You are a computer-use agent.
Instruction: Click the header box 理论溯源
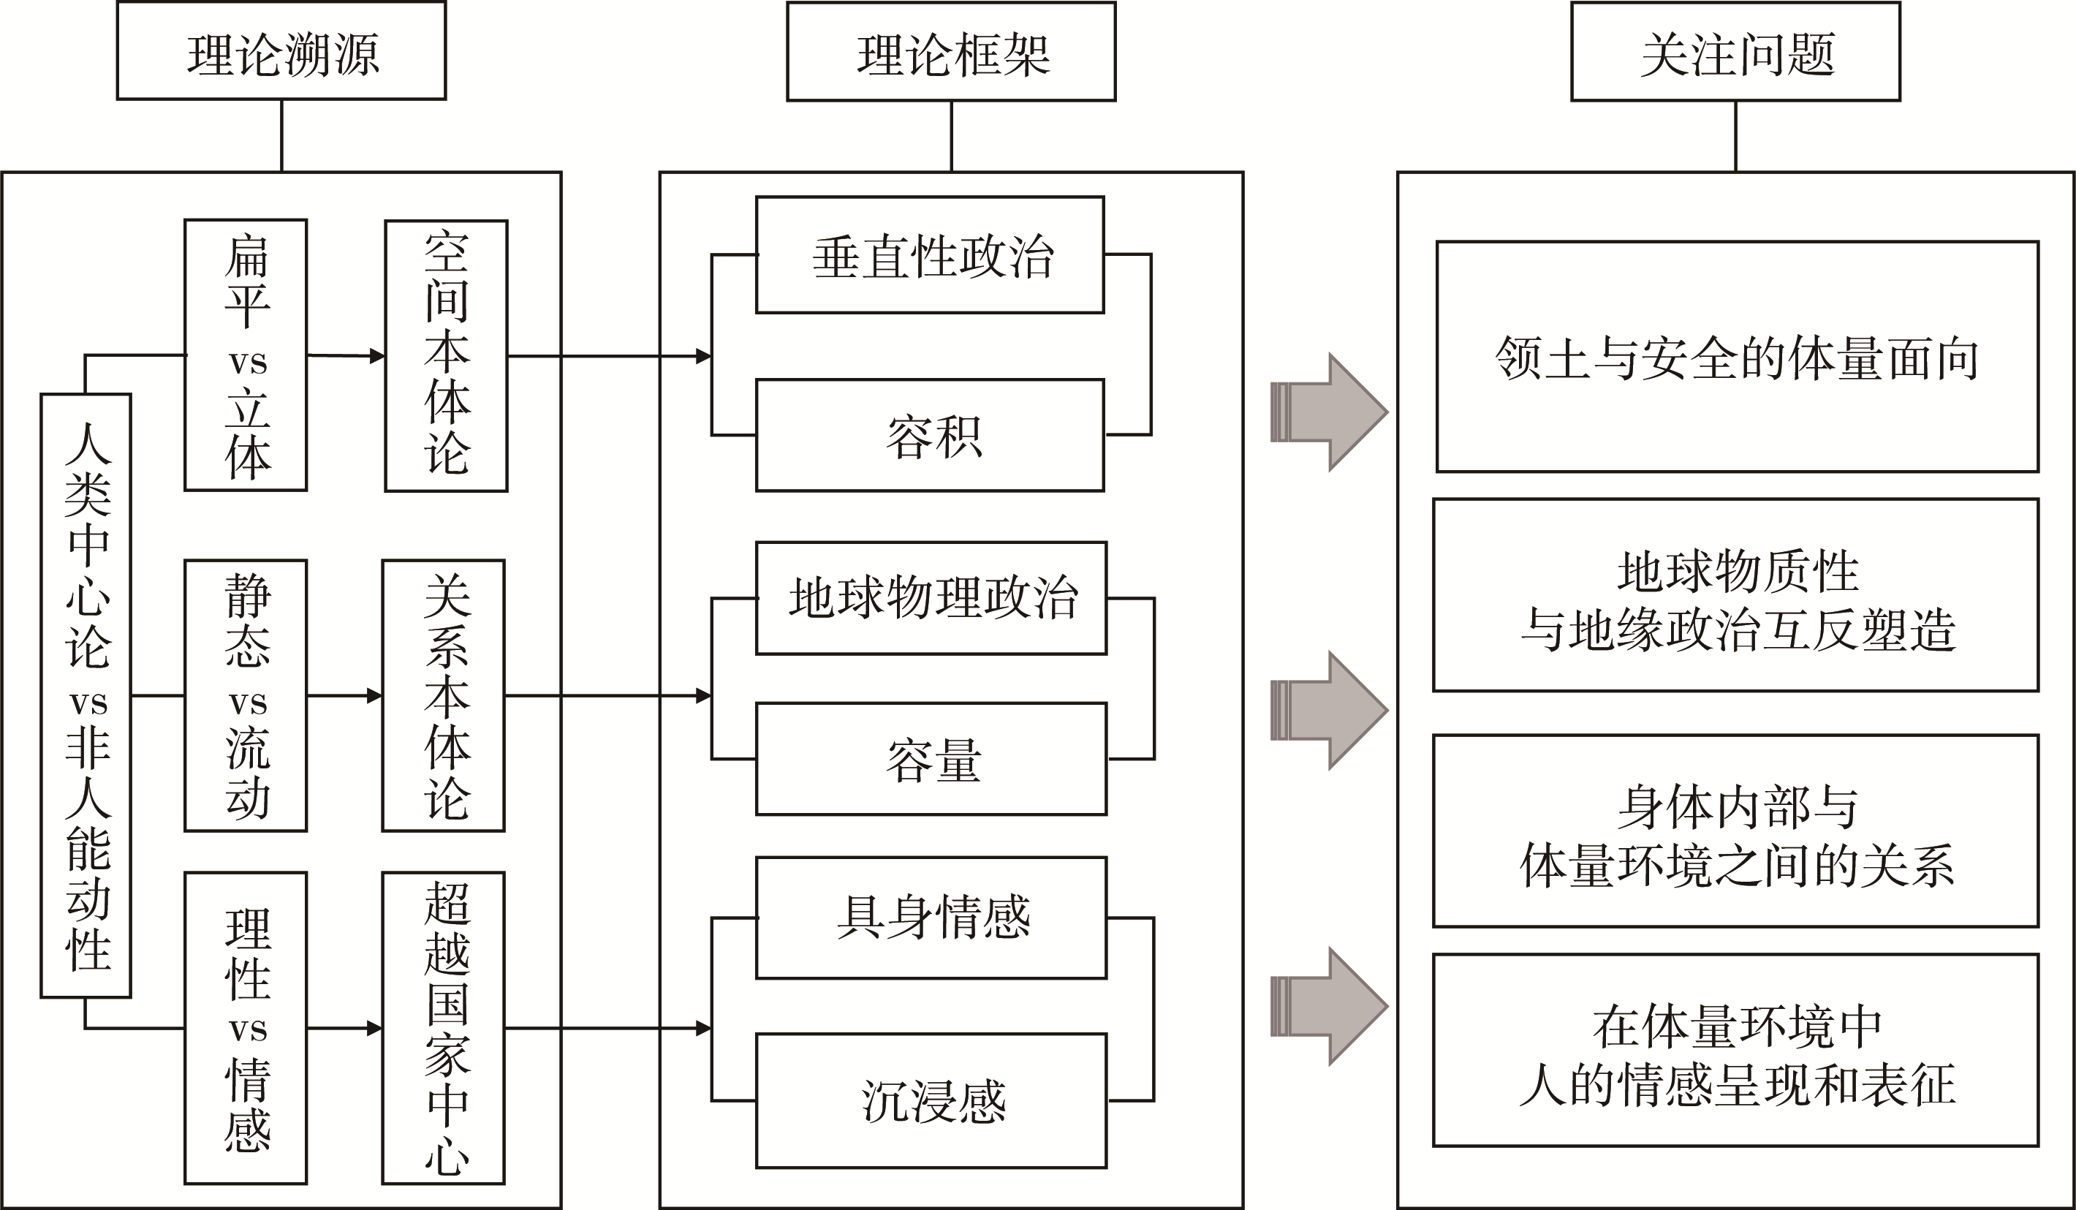[x=281, y=51]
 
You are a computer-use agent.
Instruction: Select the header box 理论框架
[x=951, y=52]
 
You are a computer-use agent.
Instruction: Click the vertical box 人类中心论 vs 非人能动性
[x=86, y=695]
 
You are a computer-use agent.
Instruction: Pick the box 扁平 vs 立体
[x=246, y=355]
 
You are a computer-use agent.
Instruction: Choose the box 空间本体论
[x=446, y=356]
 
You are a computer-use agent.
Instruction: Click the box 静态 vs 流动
[x=246, y=695]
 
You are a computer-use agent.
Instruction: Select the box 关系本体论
[x=443, y=695]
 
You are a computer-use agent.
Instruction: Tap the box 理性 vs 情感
[x=246, y=1028]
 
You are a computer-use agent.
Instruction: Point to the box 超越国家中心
[x=443, y=1028]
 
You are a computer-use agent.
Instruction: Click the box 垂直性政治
[x=930, y=254]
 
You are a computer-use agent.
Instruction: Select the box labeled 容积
[x=930, y=435]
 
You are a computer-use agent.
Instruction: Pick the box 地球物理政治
[x=931, y=598]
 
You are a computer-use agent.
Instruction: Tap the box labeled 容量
[x=931, y=759]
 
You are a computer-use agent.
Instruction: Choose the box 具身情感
[x=931, y=918]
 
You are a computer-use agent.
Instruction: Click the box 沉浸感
[x=931, y=1100]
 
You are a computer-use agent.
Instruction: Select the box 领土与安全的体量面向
[x=1737, y=357]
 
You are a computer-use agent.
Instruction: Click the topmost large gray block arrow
[x=1330, y=412]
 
